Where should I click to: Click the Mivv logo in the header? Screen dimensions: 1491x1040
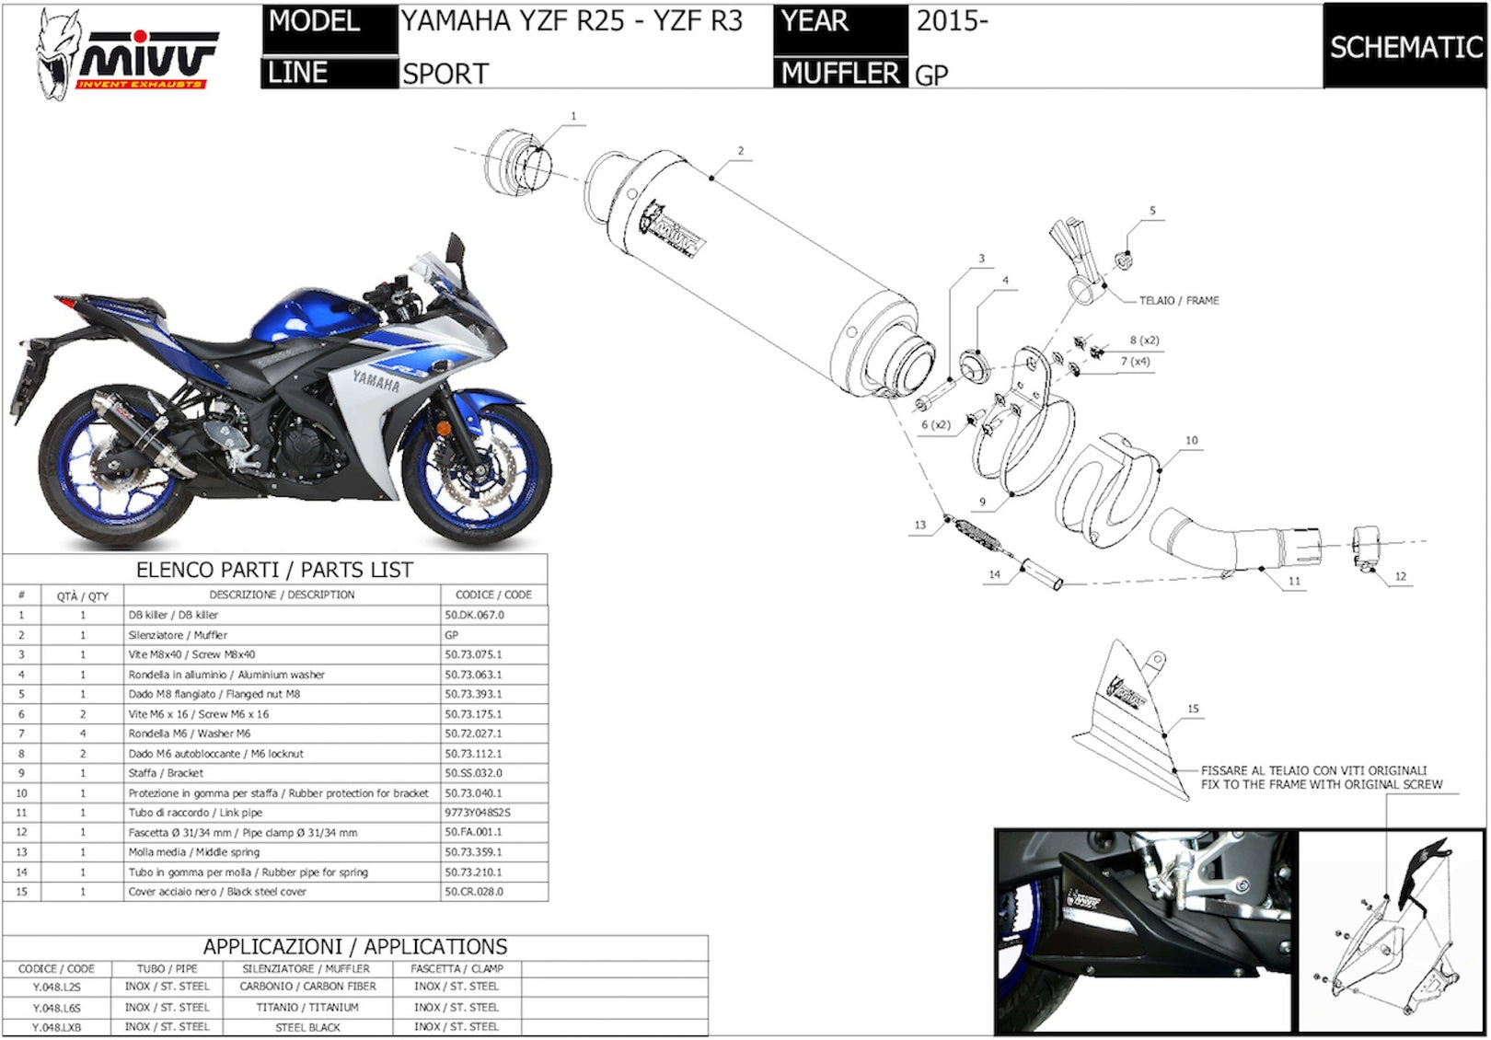126,54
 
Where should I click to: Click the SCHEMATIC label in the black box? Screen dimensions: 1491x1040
1405,48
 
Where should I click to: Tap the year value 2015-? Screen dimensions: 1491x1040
952,21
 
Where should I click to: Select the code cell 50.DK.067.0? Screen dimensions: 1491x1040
475,615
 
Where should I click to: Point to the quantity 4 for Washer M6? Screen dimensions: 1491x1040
83,733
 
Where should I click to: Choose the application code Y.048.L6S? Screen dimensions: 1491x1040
56,1008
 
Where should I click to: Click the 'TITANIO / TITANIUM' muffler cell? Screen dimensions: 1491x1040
307,1008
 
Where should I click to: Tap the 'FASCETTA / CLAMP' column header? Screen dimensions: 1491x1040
457,969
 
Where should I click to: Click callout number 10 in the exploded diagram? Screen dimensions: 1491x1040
1192,440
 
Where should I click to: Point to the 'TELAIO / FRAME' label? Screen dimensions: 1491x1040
1179,300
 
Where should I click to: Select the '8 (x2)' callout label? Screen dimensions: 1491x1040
1144,341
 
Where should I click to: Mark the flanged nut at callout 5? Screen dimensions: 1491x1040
1124,260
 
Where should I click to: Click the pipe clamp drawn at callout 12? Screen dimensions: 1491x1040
1366,549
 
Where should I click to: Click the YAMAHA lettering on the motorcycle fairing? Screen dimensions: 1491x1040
376,381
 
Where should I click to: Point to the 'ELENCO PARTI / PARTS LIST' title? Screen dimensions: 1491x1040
274,570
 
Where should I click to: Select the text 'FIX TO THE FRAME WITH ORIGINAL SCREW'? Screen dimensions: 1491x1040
1322,784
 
